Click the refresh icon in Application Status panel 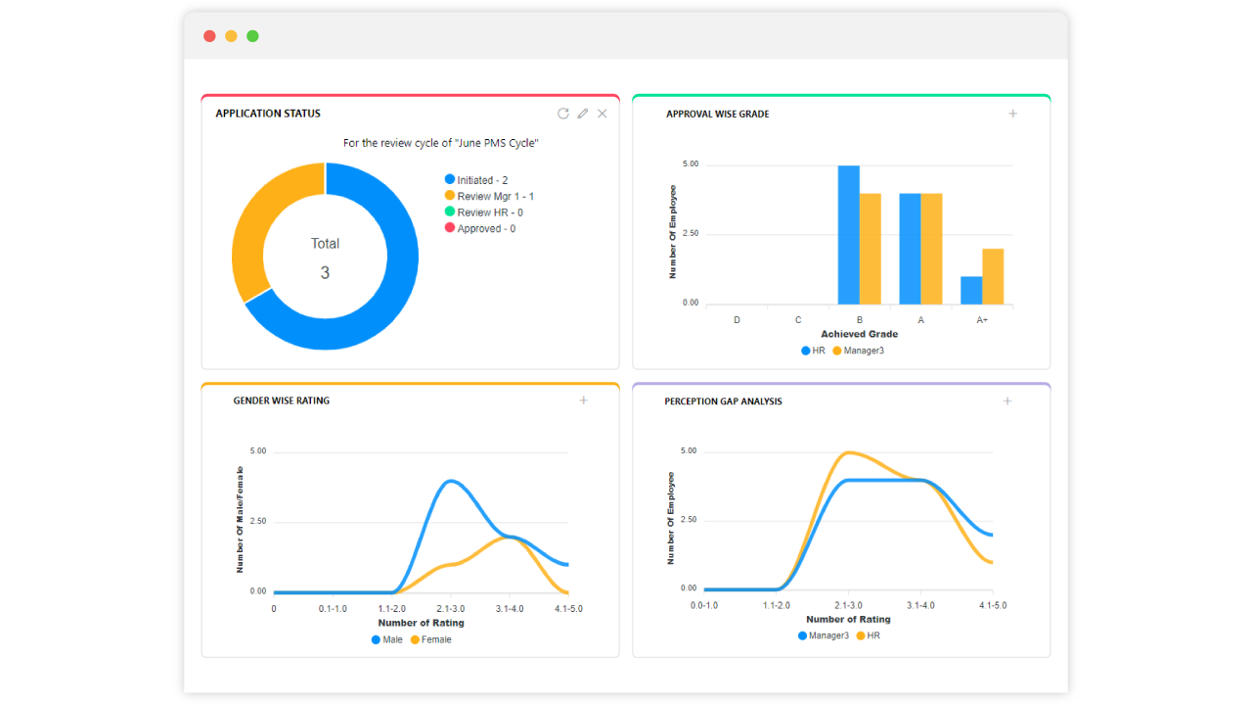pos(563,114)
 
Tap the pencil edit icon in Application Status pos(583,114)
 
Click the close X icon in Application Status pos(603,114)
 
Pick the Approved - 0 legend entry pos(479,229)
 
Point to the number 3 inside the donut pos(325,273)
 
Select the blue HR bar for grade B pos(848,235)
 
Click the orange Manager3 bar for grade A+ pos(993,276)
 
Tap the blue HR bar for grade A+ pos(970,290)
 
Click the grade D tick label pos(737,320)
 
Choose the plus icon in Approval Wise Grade pos(1013,114)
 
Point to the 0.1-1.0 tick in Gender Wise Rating pos(333,609)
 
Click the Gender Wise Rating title pos(281,400)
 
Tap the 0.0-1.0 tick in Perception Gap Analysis pos(704,606)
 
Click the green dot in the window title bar pos(252,36)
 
